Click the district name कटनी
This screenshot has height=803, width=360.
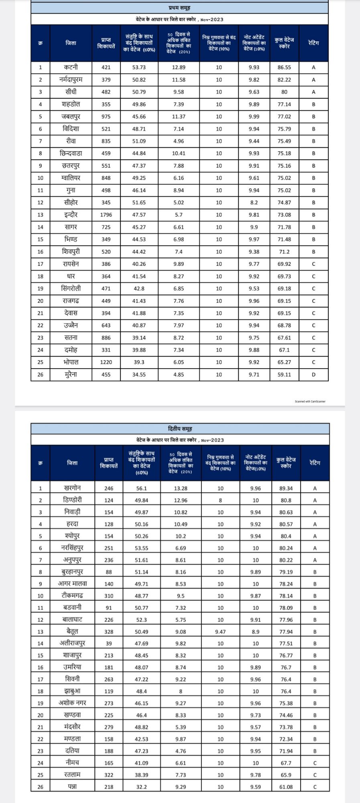[71, 67]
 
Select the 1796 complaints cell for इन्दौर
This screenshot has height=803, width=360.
[106, 215]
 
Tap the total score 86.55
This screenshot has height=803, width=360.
[284, 67]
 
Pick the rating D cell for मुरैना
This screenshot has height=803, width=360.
[313, 375]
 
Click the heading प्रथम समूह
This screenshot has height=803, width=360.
[179, 8]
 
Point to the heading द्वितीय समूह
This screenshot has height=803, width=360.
[180, 429]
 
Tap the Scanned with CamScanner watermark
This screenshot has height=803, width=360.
[310, 401]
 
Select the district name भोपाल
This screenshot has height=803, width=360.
[71, 362]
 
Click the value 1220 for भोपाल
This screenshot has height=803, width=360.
[106, 362]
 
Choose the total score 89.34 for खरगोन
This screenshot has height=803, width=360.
[286, 489]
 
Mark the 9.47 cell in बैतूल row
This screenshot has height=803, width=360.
[220, 632]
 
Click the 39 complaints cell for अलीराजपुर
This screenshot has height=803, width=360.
[109, 644]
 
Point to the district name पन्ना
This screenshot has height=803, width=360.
[72, 787]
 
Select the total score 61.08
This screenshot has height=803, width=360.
[286, 787]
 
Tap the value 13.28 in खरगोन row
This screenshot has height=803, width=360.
[181, 489]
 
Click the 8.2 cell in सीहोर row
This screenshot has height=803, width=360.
[254, 203]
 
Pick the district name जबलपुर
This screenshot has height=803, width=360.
[71, 116]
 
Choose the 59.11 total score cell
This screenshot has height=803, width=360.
[284, 375]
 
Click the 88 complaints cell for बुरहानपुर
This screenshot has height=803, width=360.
[109, 572]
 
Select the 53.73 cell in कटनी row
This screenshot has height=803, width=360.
[139, 67]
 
